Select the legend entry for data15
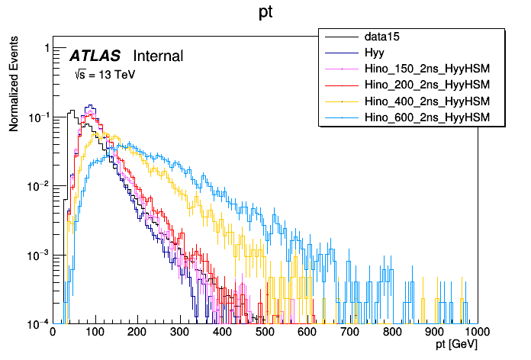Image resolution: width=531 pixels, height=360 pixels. coord(381,37)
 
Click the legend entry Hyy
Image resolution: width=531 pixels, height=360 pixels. coord(375,53)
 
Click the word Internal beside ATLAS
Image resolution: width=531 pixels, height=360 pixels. coord(158,56)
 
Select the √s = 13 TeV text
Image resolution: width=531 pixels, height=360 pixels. coord(104,75)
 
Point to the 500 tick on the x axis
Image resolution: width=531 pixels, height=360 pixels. coord(265,332)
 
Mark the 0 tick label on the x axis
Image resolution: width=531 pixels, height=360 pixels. coord(53,332)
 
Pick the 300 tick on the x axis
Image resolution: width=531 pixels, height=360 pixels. coord(180,332)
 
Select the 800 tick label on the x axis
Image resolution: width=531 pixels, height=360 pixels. coord(392,332)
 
